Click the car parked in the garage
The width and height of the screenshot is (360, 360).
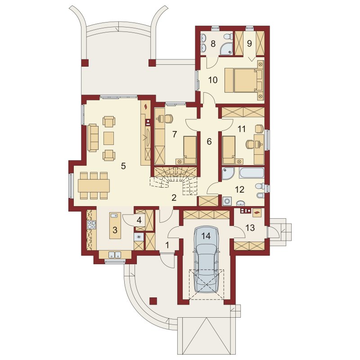(x=207, y=260)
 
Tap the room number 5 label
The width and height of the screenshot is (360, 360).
(x=123, y=166)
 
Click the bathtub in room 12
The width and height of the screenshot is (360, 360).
(x=252, y=173)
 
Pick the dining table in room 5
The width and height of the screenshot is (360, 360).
(x=94, y=185)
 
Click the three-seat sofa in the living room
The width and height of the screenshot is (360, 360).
(x=93, y=138)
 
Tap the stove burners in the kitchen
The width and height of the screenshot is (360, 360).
(x=91, y=225)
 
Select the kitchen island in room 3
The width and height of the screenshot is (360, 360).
(x=115, y=226)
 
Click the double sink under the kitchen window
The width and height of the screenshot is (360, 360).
(x=115, y=255)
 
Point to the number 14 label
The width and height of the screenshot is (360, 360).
(x=206, y=235)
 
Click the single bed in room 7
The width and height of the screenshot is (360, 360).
(x=190, y=150)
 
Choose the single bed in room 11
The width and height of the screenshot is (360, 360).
(x=229, y=150)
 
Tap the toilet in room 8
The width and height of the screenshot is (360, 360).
(x=228, y=36)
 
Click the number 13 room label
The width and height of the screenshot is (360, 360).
(x=250, y=228)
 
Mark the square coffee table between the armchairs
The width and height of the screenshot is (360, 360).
(x=108, y=138)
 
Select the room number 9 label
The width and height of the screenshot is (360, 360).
(x=249, y=44)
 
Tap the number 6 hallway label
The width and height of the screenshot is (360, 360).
(x=209, y=142)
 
